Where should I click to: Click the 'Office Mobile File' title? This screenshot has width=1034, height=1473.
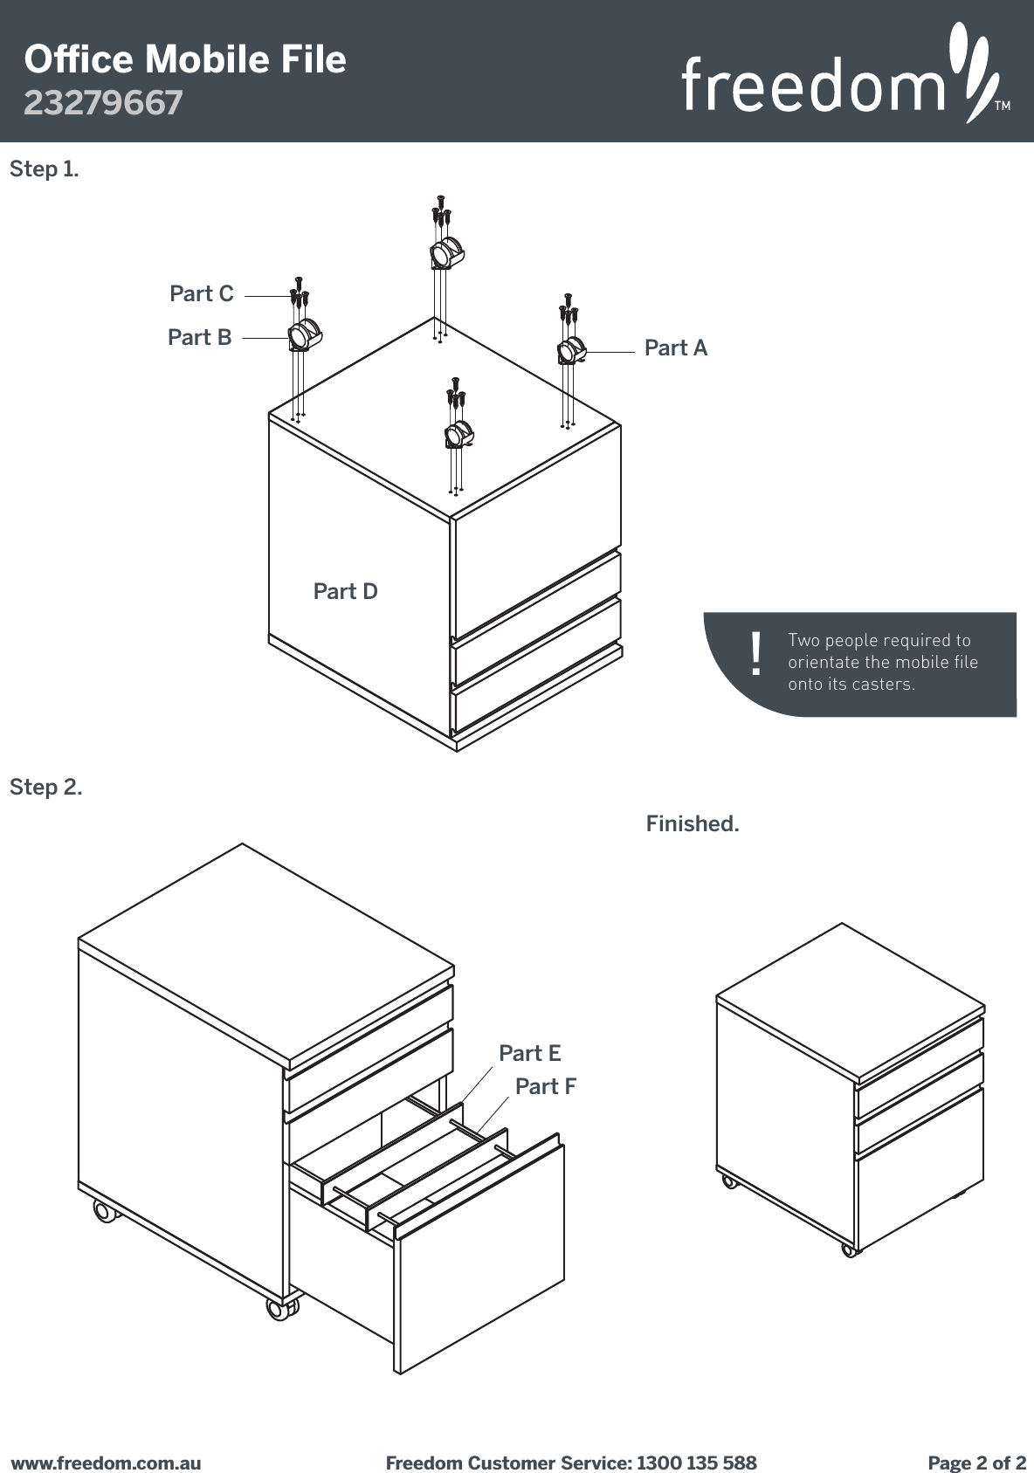point(185,59)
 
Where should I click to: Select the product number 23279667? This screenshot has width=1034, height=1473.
point(103,103)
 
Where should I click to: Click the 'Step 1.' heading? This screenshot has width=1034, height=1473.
point(44,169)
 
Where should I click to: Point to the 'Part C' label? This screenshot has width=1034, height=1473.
point(202,294)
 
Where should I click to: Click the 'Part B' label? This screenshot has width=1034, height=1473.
point(200,337)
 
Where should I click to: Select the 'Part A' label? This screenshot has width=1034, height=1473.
point(675,348)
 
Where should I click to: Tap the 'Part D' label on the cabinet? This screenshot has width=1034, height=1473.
point(345,592)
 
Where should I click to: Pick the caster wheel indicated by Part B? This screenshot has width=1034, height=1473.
point(304,335)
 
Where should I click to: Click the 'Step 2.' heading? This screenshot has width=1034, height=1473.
point(46,788)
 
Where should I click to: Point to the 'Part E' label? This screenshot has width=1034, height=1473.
point(529,1054)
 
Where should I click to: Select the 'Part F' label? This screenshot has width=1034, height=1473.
point(545,1087)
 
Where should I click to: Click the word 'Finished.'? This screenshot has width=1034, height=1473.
point(692,824)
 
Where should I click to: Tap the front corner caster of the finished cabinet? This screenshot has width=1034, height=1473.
point(848,1250)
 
